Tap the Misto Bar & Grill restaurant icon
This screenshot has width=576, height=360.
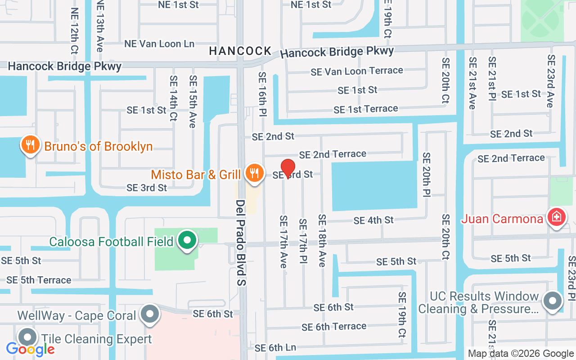coord(254,173)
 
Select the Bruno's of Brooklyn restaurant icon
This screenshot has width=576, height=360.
coord(29,146)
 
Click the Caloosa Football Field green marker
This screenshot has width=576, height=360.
coord(188,241)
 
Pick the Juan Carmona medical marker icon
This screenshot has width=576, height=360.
coord(557,218)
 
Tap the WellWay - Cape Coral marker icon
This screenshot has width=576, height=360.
coord(150,315)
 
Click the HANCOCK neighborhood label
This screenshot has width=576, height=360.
coord(240,51)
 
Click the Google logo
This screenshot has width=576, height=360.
coord(30,349)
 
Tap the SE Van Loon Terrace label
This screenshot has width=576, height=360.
coord(357,71)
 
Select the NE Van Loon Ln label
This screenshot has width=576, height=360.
coord(159,44)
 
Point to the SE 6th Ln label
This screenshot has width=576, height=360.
coord(275,348)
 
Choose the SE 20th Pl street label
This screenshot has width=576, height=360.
coord(426,175)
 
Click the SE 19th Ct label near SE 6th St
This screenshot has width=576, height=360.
coord(402,315)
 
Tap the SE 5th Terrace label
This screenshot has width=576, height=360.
coord(39,280)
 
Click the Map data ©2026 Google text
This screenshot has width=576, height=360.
coord(521,354)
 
